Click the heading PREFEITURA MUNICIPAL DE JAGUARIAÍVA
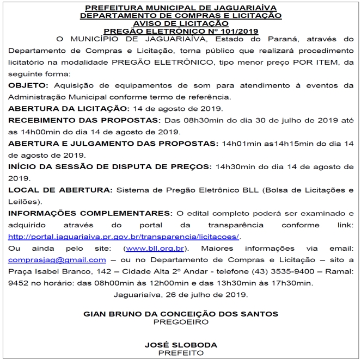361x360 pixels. (x=180, y=9)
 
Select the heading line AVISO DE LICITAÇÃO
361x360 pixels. (x=180, y=24)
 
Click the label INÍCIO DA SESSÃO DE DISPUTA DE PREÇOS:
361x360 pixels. (x=110, y=166)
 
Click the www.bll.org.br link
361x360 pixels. (x=155, y=249)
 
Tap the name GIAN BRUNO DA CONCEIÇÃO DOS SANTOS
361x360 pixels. (x=180, y=314)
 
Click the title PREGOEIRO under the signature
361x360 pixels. (x=180, y=322)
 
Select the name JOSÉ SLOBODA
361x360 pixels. (x=180, y=345)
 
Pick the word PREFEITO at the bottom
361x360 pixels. (x=180, y=353)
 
